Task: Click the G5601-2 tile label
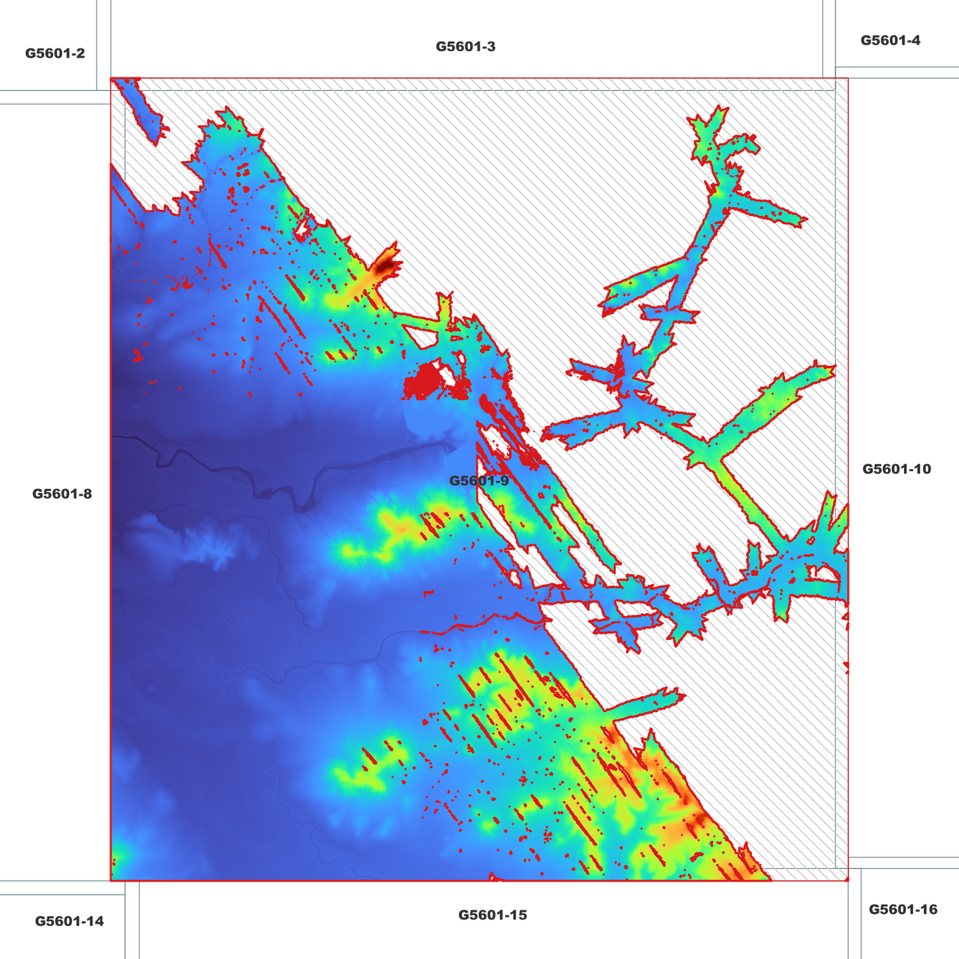[x=55, y=53]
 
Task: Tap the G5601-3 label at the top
[x=465, y=46]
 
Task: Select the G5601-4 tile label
[x=890, y=40]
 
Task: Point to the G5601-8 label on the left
[x=62, y=494]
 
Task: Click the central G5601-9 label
[x=479, y=480]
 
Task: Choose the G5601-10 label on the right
[x=896, y=469]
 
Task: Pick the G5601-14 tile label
[x=69, y=921]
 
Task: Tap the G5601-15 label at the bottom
[x=492, y=915]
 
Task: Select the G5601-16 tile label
[x=903, y=909]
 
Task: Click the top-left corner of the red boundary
[x=111, y=78]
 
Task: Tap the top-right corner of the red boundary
[x=848, y=78]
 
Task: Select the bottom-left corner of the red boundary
[x=111, y=881]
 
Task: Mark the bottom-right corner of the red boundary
[x=848, y=881]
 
